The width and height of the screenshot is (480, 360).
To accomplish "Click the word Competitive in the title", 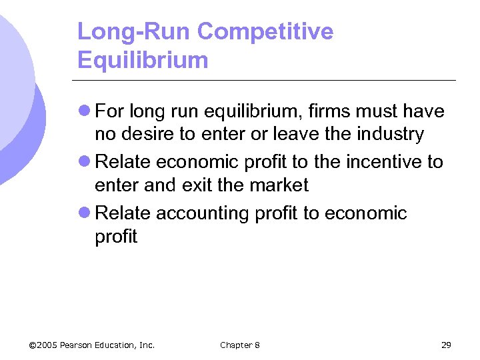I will (266, 31).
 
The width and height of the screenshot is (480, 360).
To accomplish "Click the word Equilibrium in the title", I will (143, 60).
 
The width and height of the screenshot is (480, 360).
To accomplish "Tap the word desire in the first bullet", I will (145, 134).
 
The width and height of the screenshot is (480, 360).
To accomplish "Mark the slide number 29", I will (446, 345).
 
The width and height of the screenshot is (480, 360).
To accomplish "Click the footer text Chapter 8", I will (240, 345).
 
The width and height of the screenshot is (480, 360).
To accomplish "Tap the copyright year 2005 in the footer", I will (47, 345).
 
